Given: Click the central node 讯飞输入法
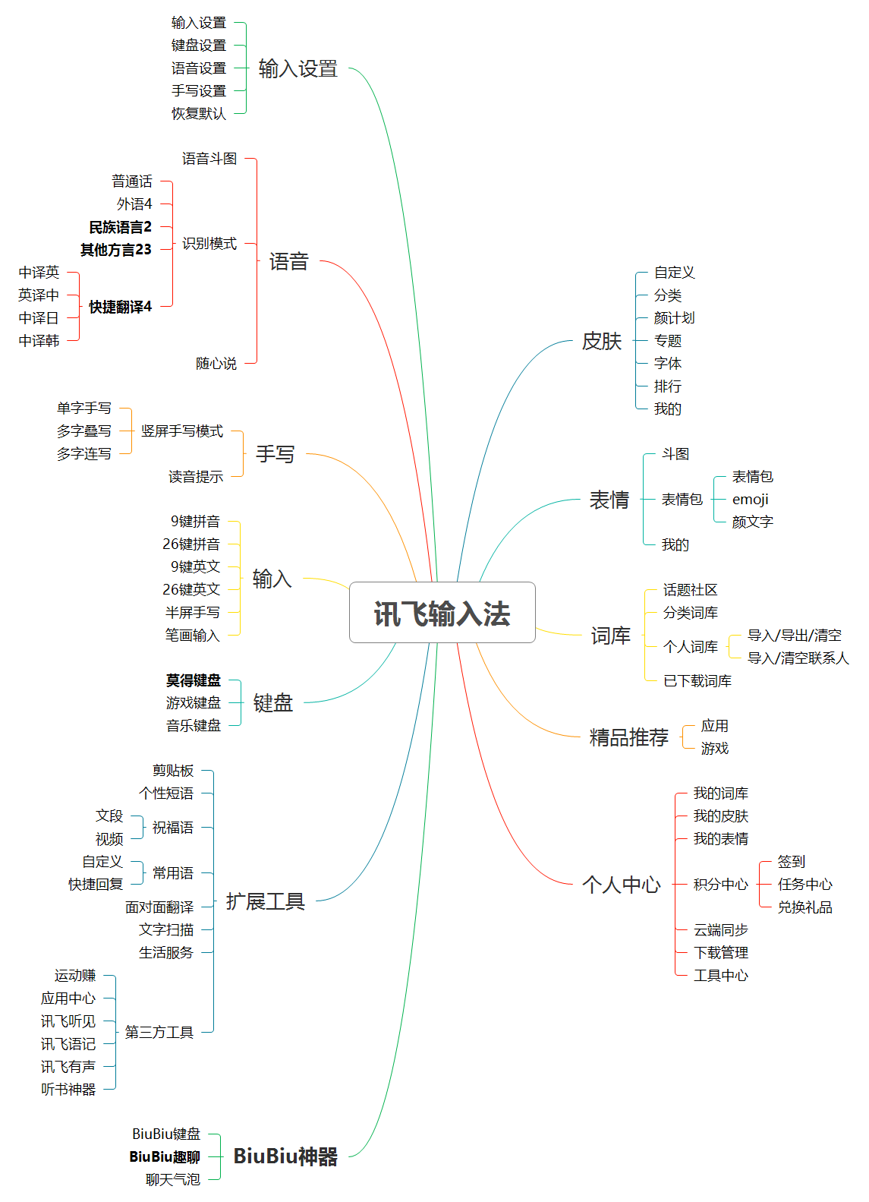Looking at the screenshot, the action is [x=442, y=612].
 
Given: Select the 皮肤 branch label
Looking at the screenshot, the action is [x=602, y=341].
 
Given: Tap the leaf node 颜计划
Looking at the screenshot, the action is [x=674, y=317].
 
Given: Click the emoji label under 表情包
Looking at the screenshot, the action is [x=750, y=500].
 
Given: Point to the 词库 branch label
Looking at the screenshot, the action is [x=610, y=636].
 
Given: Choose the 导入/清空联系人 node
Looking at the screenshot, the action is [x=798, y=658].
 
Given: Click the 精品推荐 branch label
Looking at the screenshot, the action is [x=628, y=737].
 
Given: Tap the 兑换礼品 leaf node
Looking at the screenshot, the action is [x=805, y=907].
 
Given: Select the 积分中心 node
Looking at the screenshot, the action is [x=720, y=884].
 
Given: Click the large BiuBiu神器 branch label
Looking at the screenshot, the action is [x=285, y=1156].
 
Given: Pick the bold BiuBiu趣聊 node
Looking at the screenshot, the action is [x=165, y=1156].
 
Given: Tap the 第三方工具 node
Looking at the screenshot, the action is [x=159, y=1032].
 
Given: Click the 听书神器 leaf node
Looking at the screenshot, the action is [x=68, y=1089].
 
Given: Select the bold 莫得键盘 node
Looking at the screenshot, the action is [x=193, y=680].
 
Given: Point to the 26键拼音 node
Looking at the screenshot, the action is [x=191, y=544].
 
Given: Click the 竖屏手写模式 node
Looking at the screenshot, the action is [x=182, y=431].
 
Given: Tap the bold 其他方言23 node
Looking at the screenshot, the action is [x=116, y=250].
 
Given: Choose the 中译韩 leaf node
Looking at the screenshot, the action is [x=39, y=340].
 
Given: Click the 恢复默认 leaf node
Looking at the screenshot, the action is [x=199, y=113].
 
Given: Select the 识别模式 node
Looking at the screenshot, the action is [x=209, y=243].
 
